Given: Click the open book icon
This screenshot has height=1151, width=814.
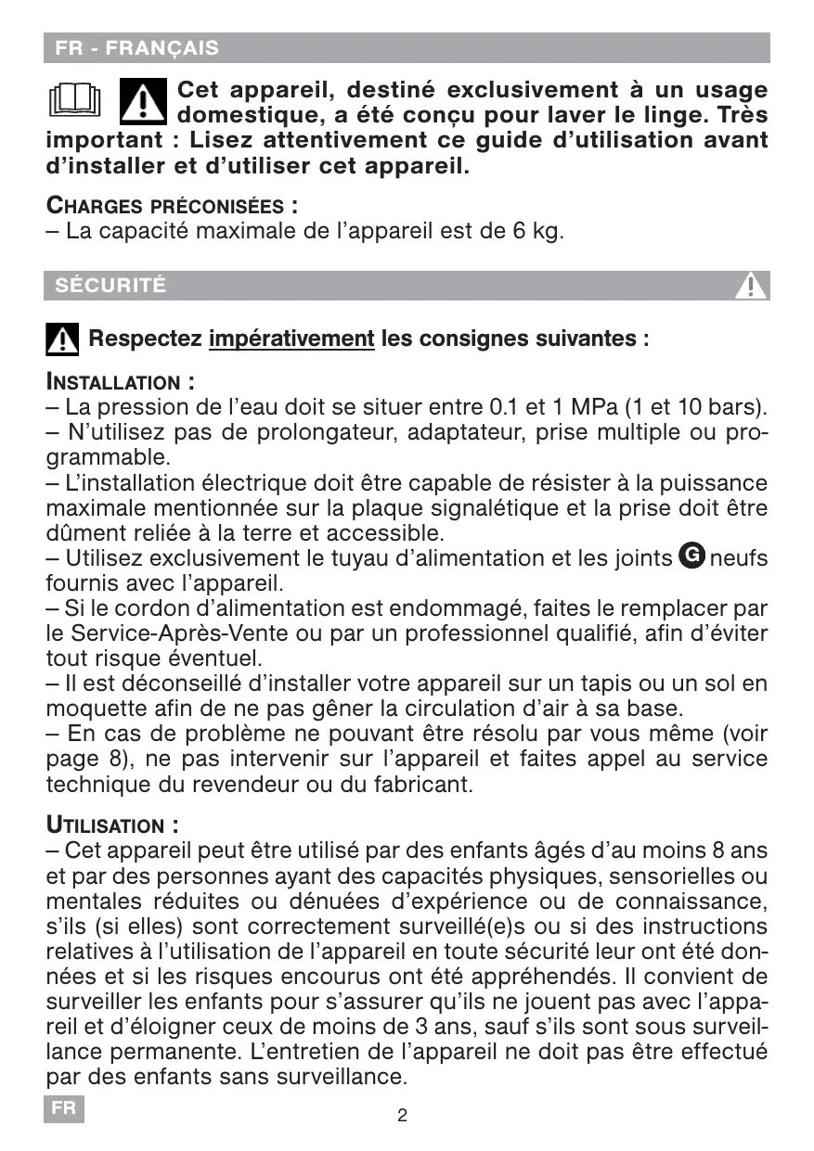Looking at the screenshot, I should pyautogui.click(x=73, y=100).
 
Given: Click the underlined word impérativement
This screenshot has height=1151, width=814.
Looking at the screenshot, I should pyautogui.click(x=291, y=339).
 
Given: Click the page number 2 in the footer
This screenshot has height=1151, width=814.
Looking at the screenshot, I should pyautogui.click(x=402, y=1116).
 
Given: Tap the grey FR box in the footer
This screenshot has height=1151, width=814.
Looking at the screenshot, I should pyautogui.click(x=63, y=1109).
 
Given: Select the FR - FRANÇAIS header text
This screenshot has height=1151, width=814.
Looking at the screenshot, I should pyautogui.click(x=136, y=48).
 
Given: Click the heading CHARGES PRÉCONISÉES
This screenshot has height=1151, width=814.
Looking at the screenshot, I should pyautogui.click(x=172, y=205).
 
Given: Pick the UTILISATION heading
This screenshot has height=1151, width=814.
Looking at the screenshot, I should pyautogui.click(x=111, y=825).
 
